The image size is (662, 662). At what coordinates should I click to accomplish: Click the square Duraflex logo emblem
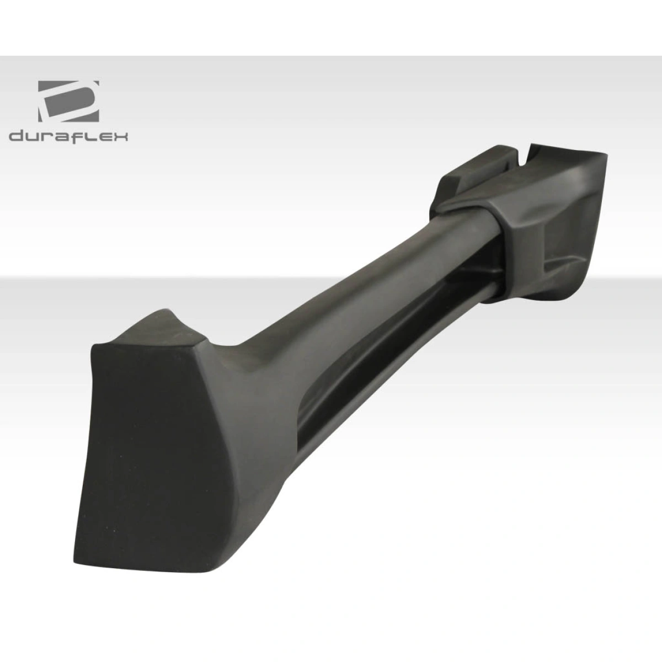coord(68,101)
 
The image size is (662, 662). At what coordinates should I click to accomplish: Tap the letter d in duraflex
coord(16,136)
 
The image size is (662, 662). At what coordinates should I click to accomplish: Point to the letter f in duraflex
coord(77,135)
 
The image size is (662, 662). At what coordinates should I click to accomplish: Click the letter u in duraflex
coord(32,137)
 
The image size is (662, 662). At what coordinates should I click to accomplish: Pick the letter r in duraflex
coord(46,137)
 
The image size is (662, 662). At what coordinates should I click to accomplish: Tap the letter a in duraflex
coord(61,137)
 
